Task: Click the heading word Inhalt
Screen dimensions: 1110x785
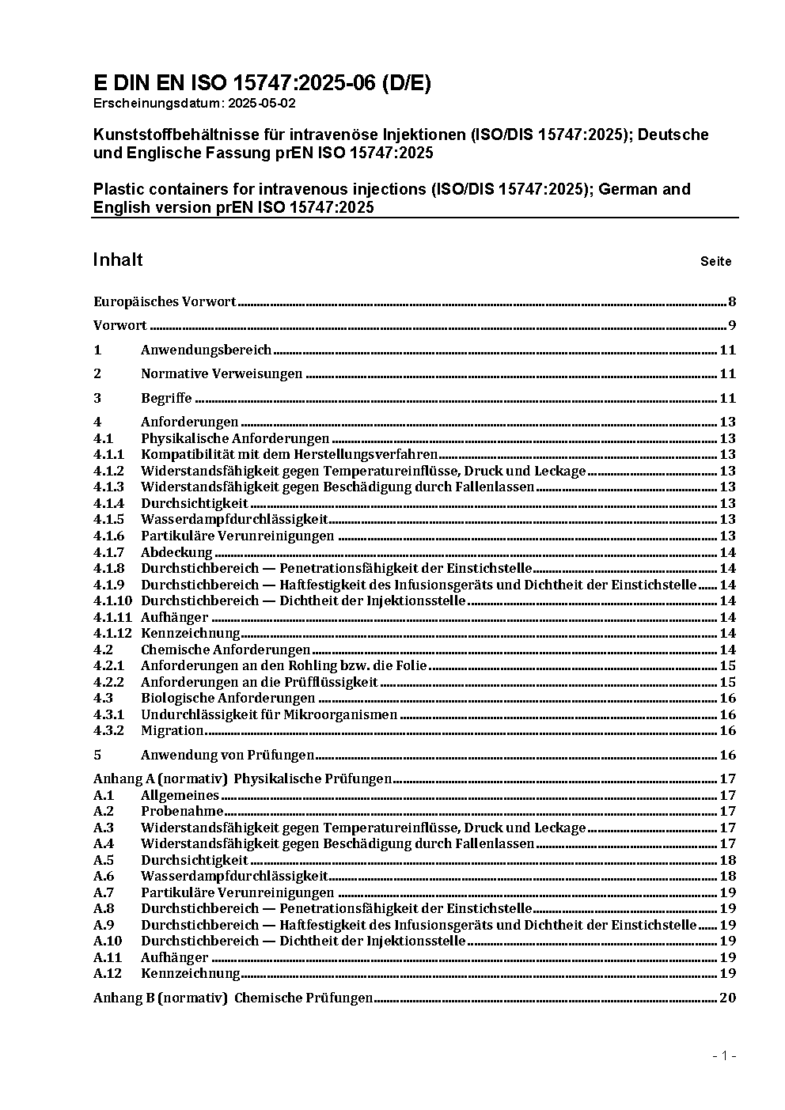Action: tap(118, 260)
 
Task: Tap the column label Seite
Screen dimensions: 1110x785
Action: tap(715, 262)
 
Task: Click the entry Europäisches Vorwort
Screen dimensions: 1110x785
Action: tap(165, 301)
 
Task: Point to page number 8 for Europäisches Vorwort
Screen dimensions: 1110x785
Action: tap(732, 301)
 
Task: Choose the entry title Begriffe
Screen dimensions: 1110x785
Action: tap(166, 398)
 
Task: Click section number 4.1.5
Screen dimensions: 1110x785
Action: tap(108, 519)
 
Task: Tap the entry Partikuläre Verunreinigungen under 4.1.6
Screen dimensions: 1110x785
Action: tap(237, 536)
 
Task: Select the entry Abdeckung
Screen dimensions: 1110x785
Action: tap(176, 552)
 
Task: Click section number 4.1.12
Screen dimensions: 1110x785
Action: tap(112, 633)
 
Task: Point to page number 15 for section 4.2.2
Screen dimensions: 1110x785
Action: tap(727, 682)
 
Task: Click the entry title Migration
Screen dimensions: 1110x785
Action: tap(173, 730)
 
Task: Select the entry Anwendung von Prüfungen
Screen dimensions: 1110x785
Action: tap(227, 755)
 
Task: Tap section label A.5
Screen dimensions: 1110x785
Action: tap(104, 860)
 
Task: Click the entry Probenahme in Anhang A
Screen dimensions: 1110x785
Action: tap(182, 811)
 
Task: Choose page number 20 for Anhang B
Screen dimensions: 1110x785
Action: tap(727, 998)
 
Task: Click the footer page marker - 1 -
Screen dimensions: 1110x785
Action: tap(724, 1056)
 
